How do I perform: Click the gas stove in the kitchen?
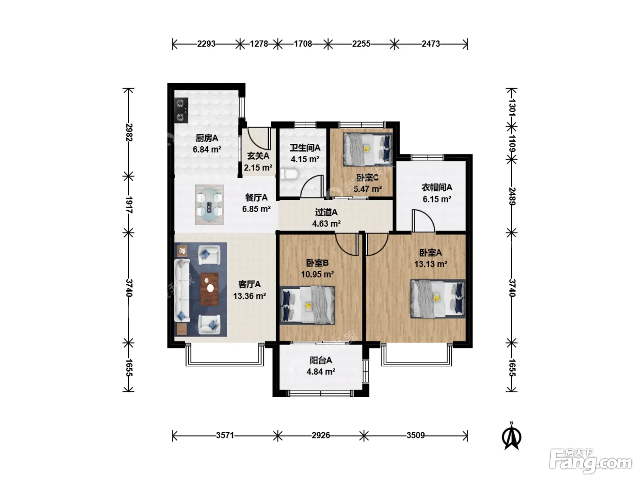[x=181, y=110]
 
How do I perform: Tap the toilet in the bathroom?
[x=290, y=175]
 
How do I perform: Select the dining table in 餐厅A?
[x=209, y=205]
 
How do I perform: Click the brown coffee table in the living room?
[x=209, y=289]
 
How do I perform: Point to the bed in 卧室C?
[x=368, y=149]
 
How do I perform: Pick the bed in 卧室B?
[x=307, y=305]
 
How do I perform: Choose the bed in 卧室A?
[x=437, y=299]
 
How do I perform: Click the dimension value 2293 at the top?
[x=206, y=44]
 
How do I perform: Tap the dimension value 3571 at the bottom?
[x=225, y=435]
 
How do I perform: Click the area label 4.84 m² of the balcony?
[x=321, y=372]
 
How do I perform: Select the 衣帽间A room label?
[x=437, y=187]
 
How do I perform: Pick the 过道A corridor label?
[x=326, y=212]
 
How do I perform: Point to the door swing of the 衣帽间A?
[x=423, y=221]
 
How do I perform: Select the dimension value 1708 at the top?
[x=303, y=44]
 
